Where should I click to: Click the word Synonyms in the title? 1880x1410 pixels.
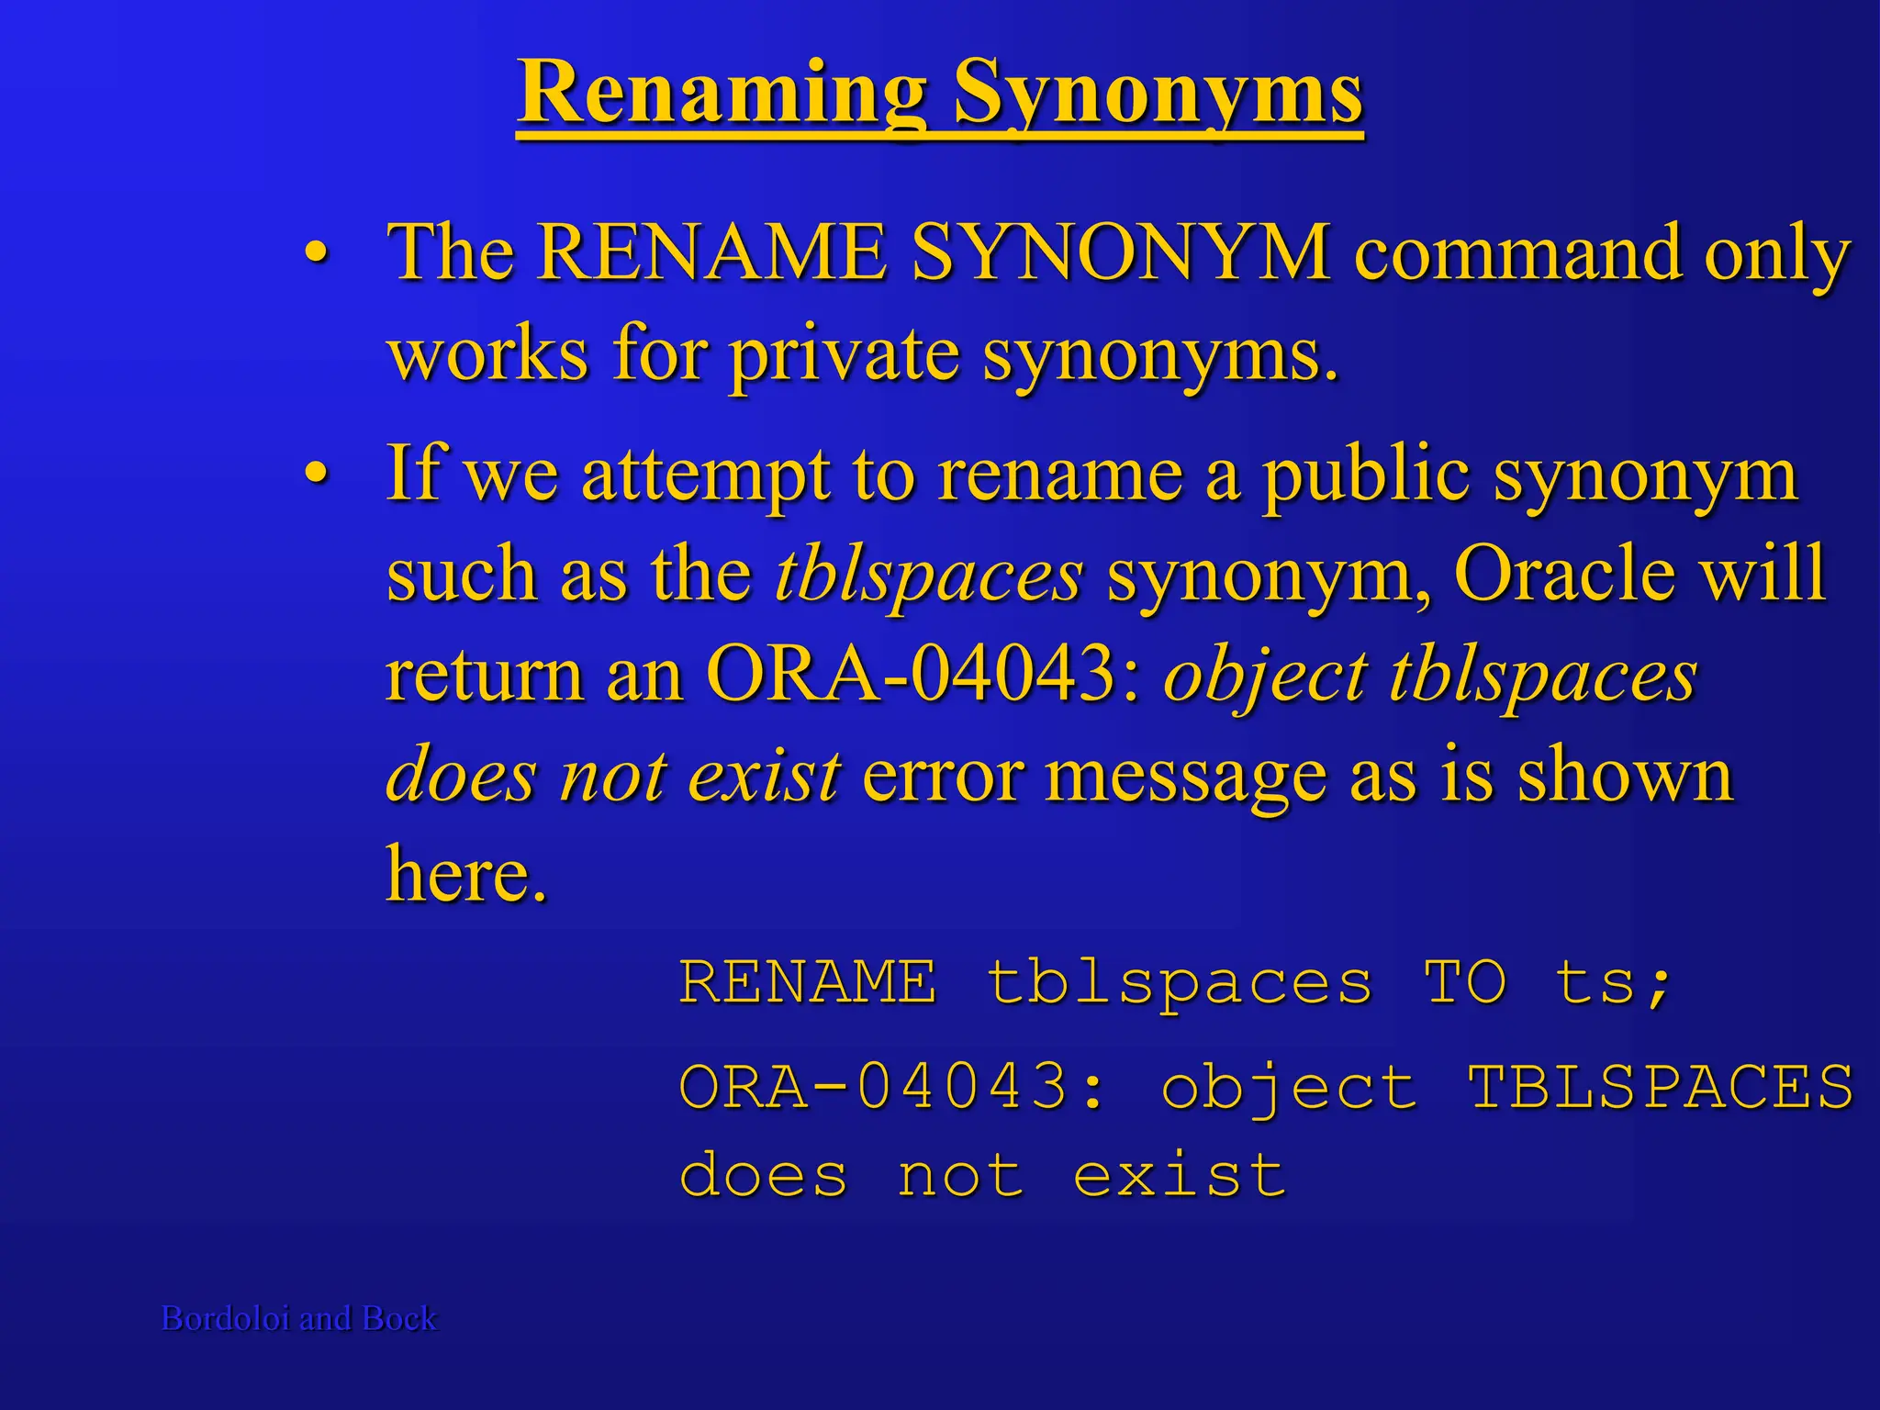[x=1158, y=94]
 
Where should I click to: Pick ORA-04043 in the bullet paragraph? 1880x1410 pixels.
[x=923, y=675]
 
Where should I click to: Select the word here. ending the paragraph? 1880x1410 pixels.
[x=466, y=874]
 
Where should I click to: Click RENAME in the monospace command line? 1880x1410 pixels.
[x=808, y=982]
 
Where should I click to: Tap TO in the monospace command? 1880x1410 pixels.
[x=1465, y=982]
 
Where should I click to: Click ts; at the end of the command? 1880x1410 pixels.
[x=1614, y=982]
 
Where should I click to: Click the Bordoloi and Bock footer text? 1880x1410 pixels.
[x=299, y=1318]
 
